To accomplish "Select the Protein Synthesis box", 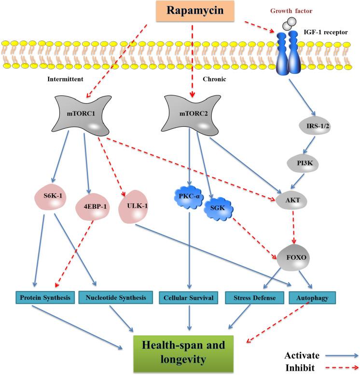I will pos(42,298).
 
